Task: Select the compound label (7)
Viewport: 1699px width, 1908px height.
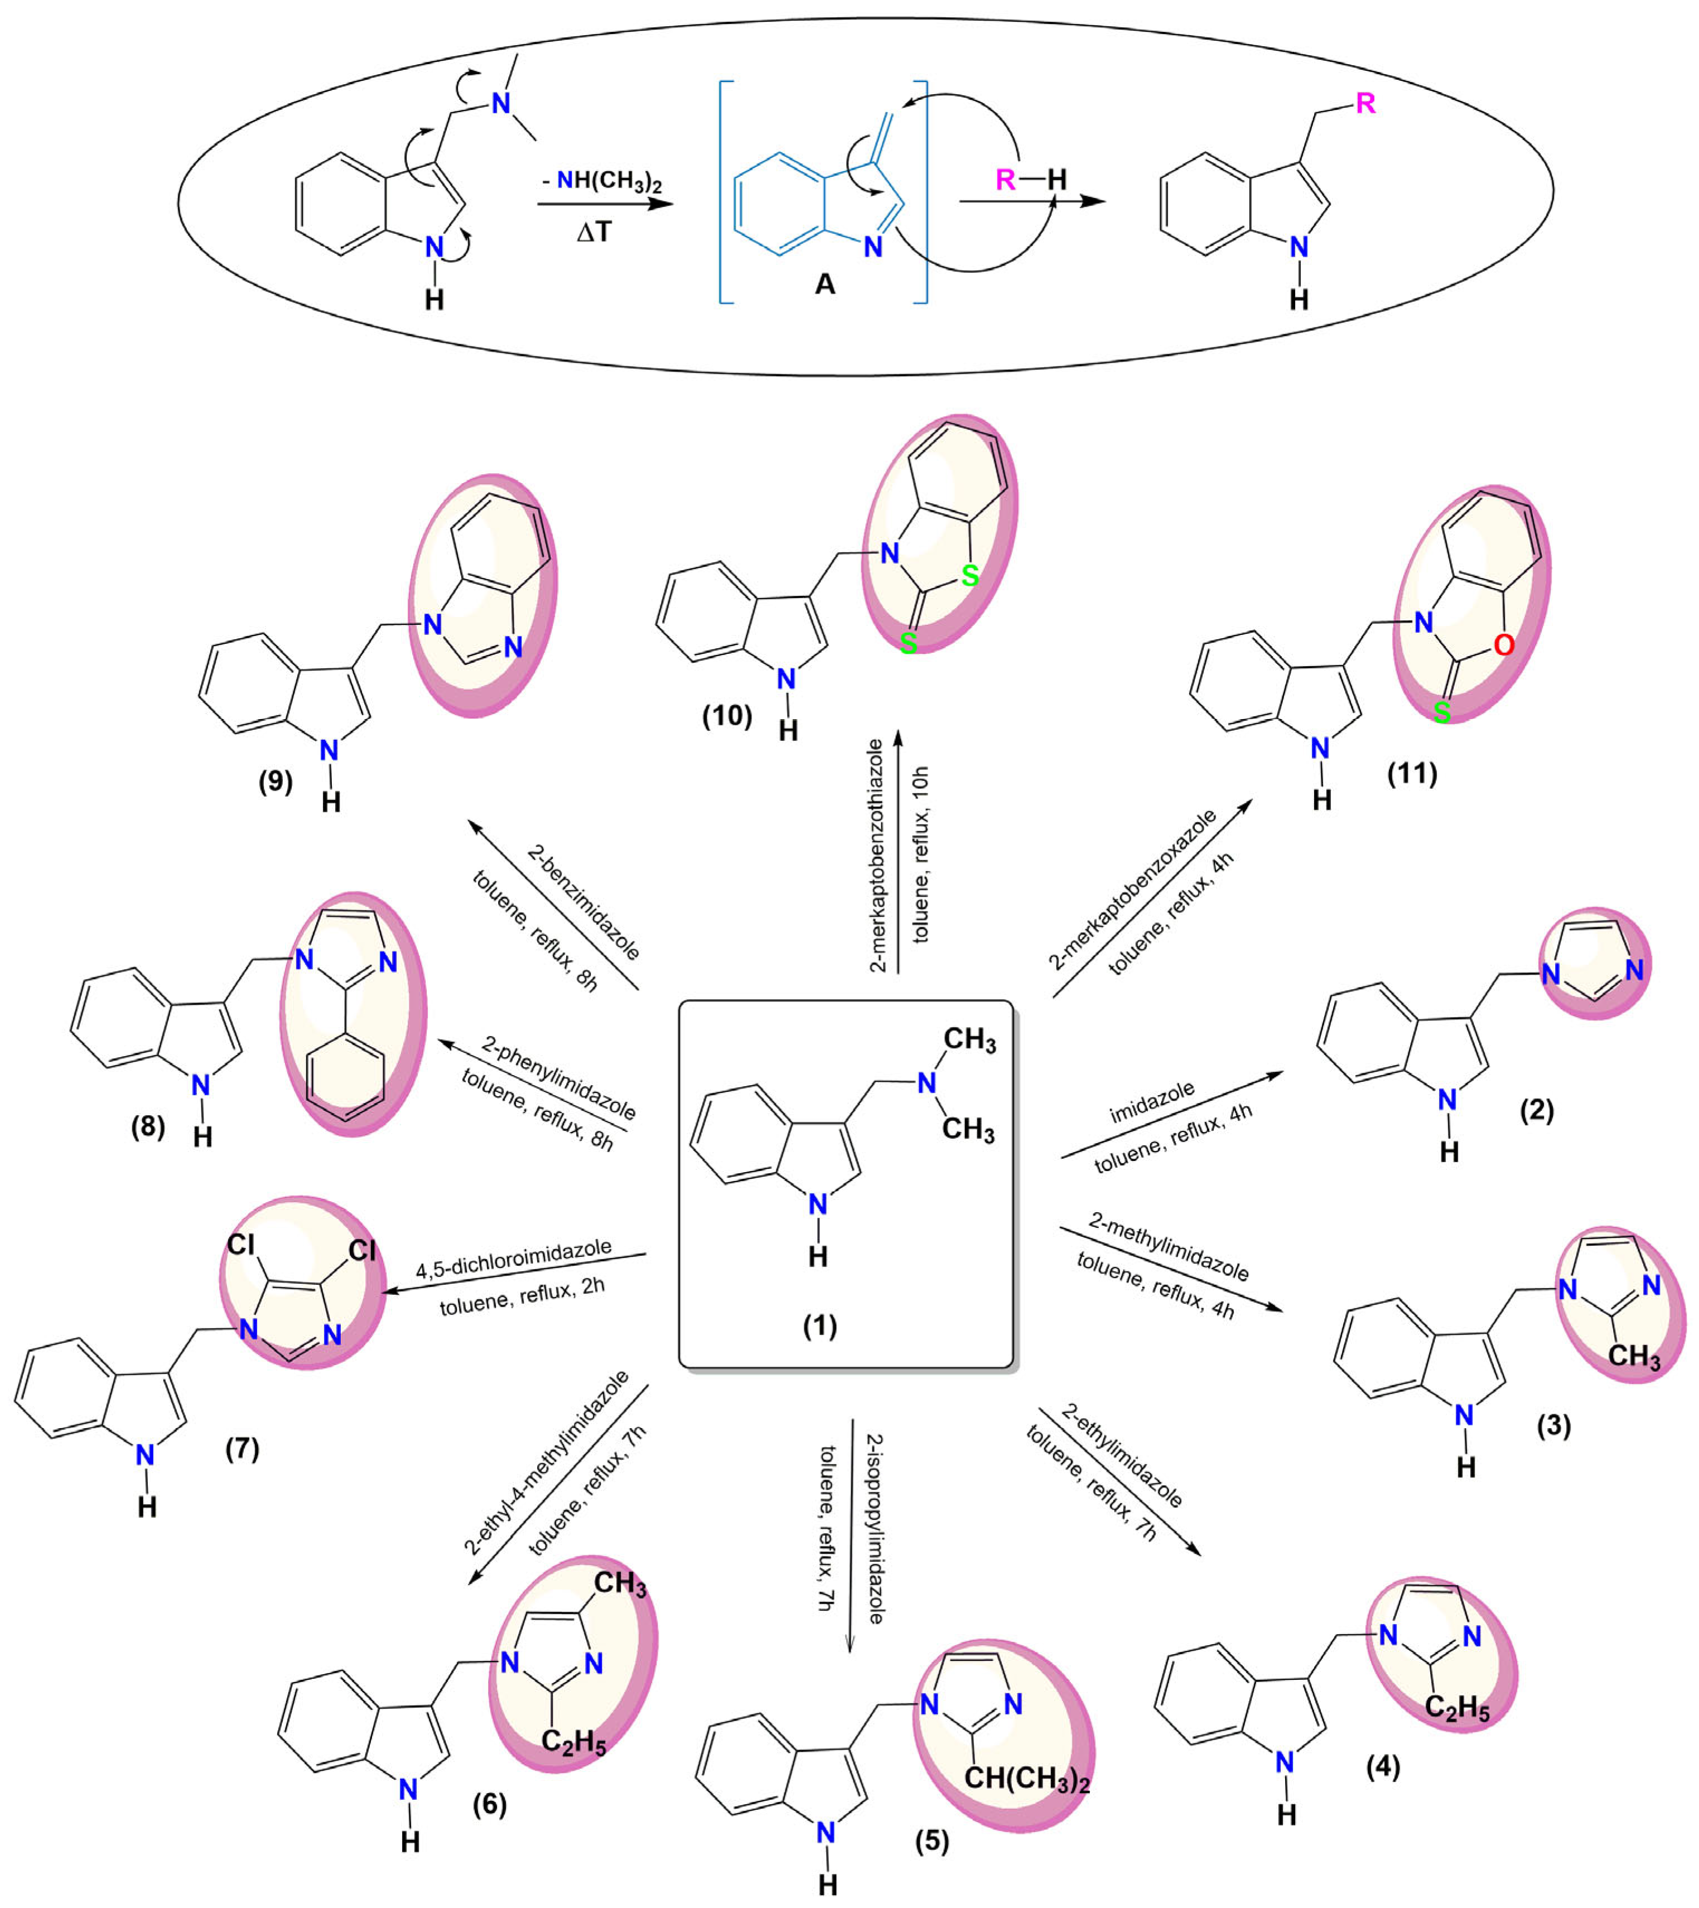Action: (x=243, y=1449)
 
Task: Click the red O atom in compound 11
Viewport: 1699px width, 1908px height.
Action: (x=1503, y=646)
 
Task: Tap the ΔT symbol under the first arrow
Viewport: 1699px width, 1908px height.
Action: (x=593, y=232)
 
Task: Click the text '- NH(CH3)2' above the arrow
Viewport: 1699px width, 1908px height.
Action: (x=602, y=180)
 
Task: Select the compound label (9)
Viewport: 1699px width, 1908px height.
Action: (x=276, y=780)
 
